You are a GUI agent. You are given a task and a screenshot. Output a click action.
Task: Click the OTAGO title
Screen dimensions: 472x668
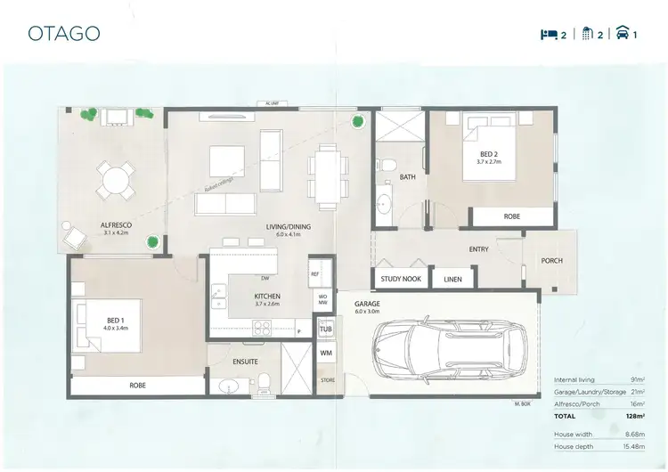[x=63, y=33]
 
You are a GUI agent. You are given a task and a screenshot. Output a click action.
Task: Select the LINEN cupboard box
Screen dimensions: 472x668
[x=452, y=280]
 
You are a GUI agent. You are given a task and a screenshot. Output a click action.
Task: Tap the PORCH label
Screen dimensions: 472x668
[x=552, y=261]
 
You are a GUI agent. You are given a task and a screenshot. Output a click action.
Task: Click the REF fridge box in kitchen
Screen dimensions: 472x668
[x=315, y=274]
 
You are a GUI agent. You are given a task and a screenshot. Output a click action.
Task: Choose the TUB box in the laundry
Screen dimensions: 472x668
[x=325, y=330]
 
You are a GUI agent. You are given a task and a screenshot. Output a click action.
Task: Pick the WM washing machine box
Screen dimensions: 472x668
[x=325, y=354]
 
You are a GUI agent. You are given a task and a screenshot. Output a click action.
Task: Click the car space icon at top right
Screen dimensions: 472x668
[x=623, y=35]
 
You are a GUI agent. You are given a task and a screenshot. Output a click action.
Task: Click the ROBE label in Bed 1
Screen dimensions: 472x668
[x=137, y=386]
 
